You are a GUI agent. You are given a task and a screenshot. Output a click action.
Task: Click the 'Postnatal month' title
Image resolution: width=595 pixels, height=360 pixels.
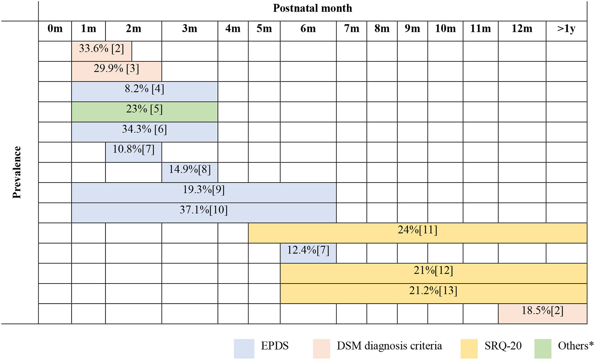(x=312, y=8)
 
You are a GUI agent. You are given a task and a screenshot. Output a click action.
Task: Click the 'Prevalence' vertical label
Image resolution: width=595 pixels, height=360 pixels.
(x=17, y=172)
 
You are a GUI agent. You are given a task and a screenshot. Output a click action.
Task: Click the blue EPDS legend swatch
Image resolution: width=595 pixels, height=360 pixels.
(x=244, y=349)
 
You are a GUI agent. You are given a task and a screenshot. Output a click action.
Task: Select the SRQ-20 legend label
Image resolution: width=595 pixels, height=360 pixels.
(x=503, y=346)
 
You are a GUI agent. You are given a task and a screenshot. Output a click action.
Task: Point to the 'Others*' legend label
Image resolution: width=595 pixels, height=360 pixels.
(x=576, y=346)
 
